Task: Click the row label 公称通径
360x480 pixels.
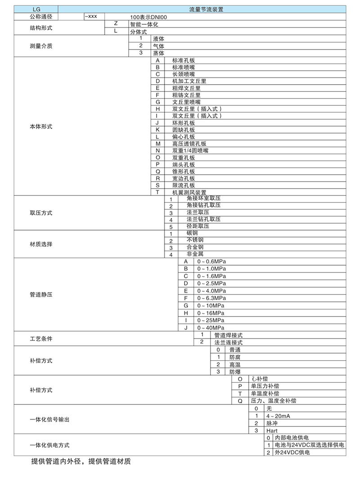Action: pos(38,16)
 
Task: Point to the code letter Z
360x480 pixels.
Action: pos(116,23)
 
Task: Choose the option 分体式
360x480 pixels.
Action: pos(139,32)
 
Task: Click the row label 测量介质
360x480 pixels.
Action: pos(38,46)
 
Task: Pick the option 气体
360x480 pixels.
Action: pos(158,46)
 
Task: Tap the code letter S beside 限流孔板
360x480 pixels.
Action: pos(158,185)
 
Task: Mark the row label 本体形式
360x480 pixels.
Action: pos(38,127)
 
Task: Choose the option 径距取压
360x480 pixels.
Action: pos(198,226)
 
